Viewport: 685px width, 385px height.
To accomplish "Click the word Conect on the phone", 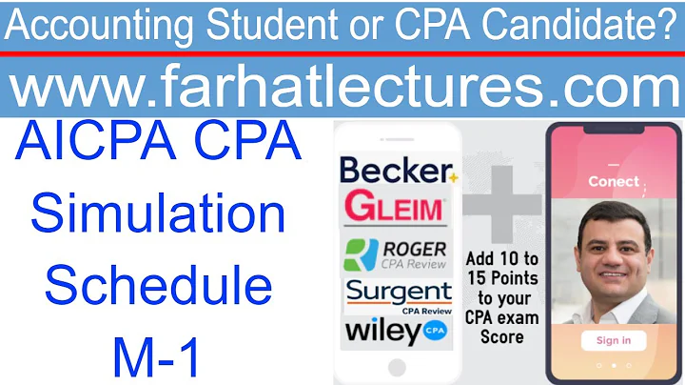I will click(614, 180).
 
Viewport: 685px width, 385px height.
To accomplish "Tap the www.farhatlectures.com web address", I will click(342, 89).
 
